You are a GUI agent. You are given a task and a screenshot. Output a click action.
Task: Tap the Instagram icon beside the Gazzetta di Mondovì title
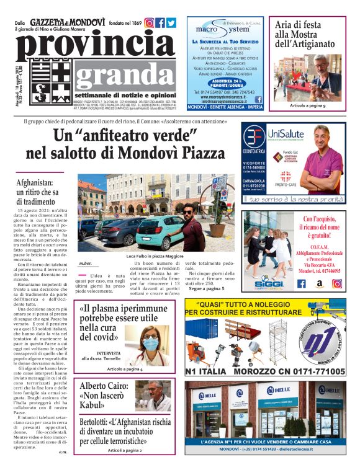149,23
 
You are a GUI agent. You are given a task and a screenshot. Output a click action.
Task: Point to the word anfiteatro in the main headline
127,135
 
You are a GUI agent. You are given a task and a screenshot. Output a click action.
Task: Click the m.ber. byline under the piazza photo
85,264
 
